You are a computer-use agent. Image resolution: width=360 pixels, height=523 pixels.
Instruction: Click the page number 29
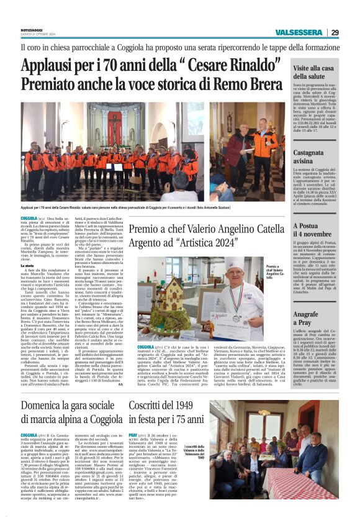[x=335, y=32]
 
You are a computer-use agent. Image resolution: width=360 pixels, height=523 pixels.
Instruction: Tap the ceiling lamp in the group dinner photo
[x=264, y=411]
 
